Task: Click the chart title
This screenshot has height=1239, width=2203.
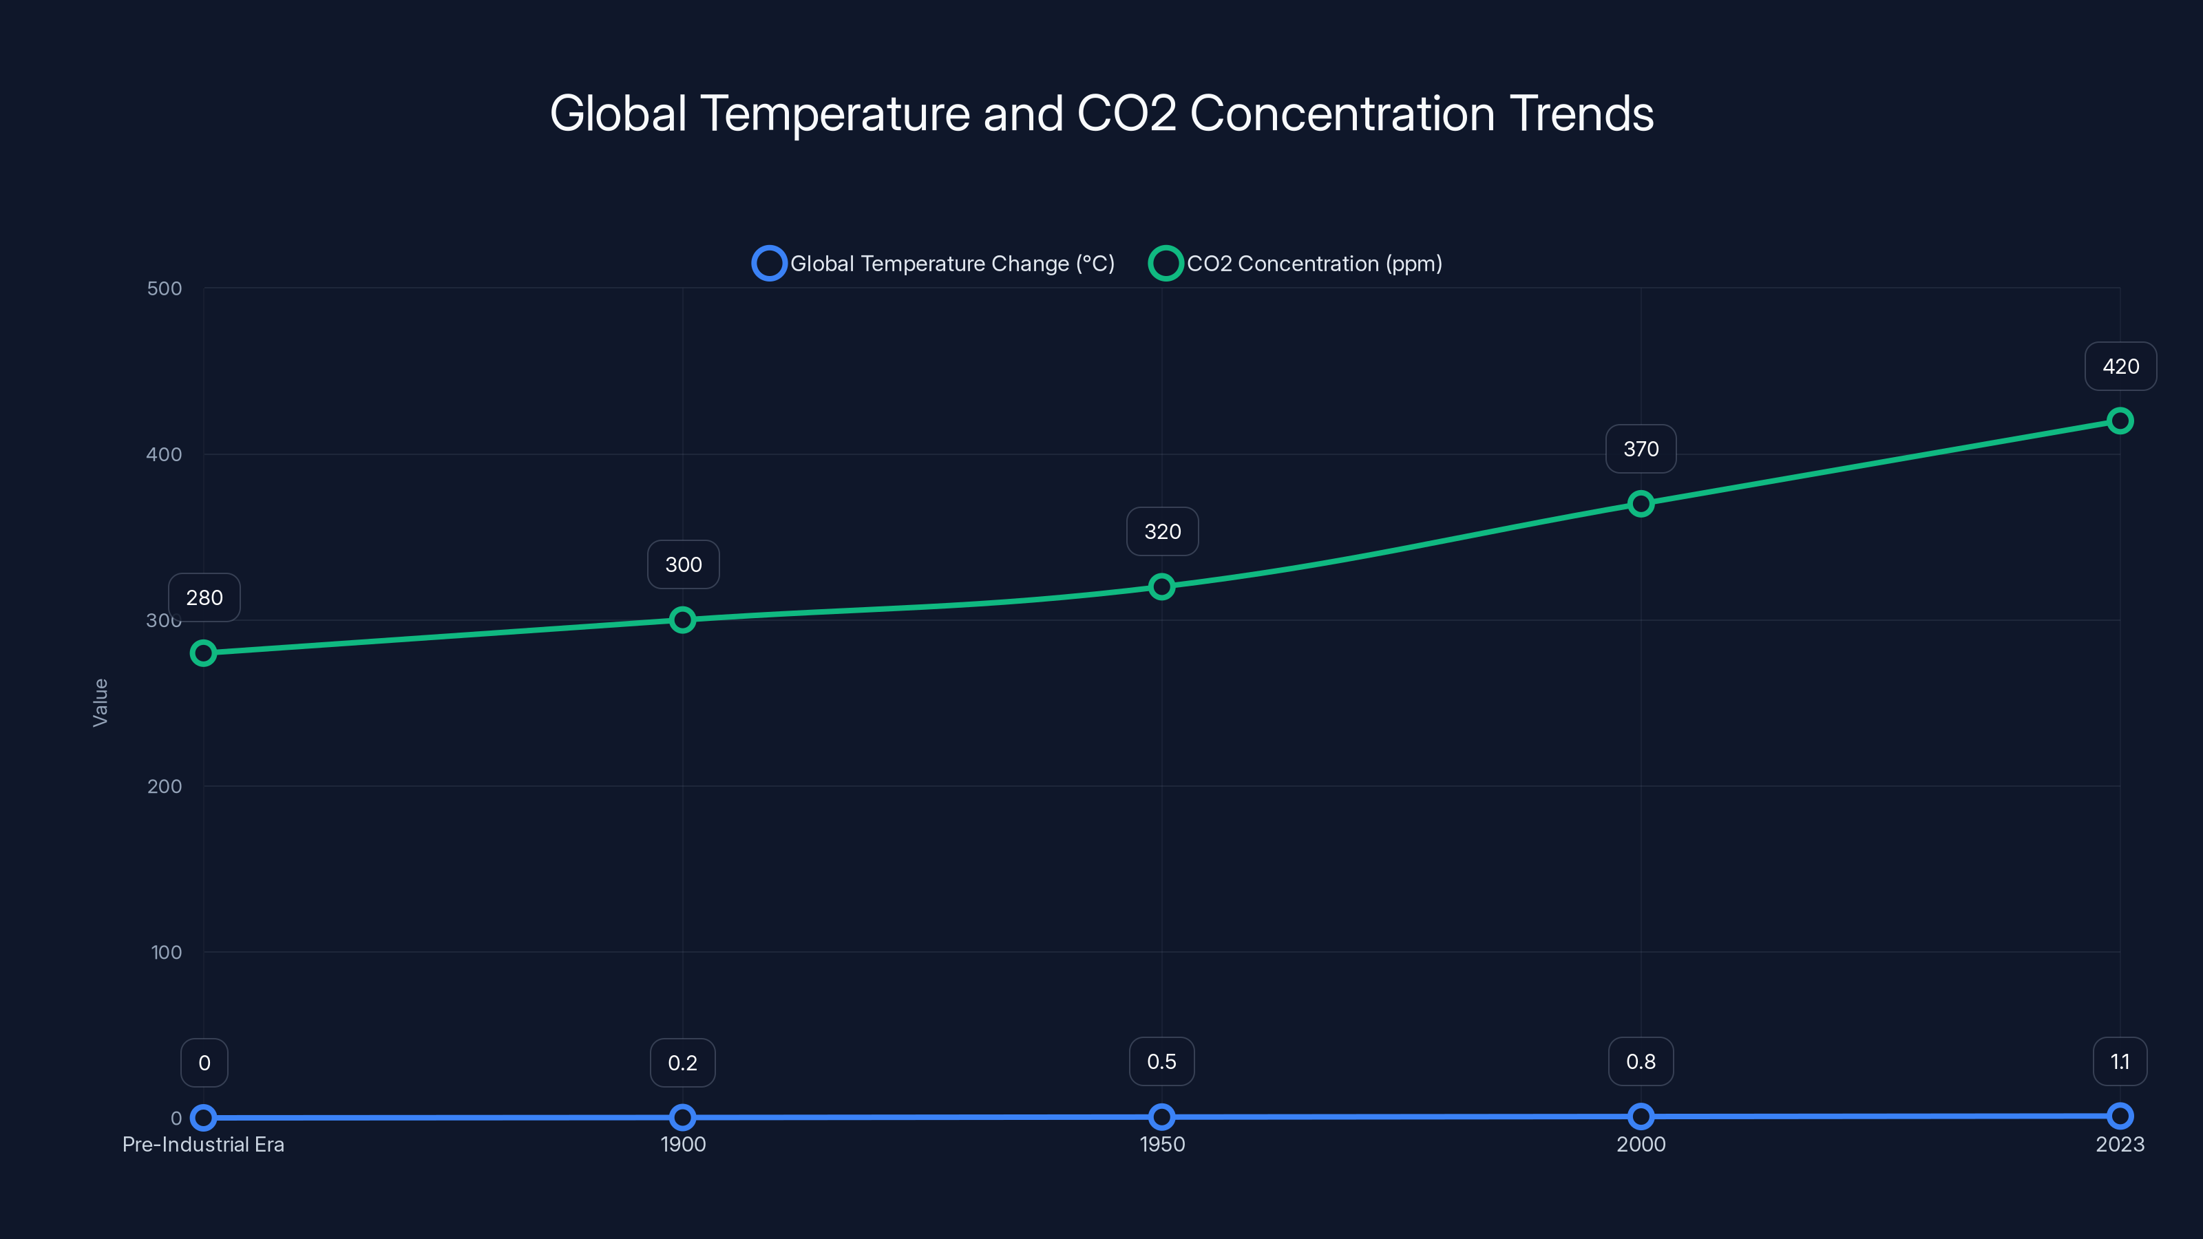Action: click(1101, 114)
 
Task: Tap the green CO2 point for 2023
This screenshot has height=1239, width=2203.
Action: click(2119, 421)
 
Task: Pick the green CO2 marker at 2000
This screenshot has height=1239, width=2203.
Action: click(1641, 504)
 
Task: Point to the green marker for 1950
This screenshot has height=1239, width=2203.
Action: click(1161, 586)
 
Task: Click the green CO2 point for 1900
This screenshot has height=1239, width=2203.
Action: click(682, 620)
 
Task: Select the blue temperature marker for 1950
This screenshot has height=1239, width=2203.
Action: click(1161, 1116)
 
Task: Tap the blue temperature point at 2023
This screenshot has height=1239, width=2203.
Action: click(2119, 1116)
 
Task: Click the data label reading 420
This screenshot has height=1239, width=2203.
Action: click(2120, 367)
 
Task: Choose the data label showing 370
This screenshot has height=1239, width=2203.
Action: click(1641, 449)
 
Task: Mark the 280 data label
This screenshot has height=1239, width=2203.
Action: click(204, 597)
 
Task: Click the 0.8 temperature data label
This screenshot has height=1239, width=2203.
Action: click(1641, 1062)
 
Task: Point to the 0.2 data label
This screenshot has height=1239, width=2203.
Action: click(682, 1063)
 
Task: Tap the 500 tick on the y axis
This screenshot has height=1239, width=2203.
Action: click(165, 288)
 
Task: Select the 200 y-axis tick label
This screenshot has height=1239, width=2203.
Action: click(165, 786)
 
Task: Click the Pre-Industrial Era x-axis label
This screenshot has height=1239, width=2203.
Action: click(204, 1144)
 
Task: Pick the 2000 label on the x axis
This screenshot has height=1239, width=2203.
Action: click(1641, 1144)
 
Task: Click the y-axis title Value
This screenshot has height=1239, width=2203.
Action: click(100, 703)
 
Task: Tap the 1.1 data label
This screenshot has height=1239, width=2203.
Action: click(2119, 1062)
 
